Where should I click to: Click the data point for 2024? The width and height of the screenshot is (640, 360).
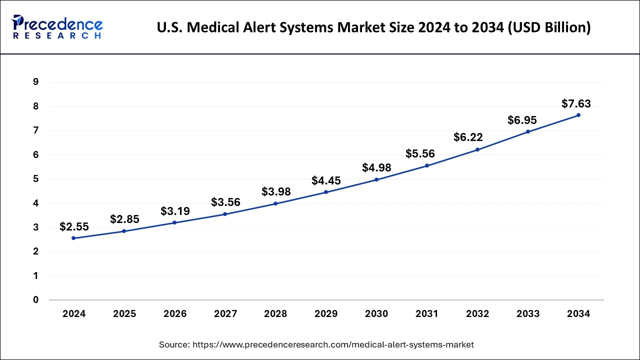74,238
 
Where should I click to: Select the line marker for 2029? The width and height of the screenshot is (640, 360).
326,192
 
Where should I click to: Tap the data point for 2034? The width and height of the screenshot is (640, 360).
578,115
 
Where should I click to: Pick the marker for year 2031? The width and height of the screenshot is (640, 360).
427,165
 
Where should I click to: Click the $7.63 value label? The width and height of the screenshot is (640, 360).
576,104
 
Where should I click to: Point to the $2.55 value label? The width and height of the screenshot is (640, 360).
74,227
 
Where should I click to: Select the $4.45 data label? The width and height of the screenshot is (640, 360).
326,180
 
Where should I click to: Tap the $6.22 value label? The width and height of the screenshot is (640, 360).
468,137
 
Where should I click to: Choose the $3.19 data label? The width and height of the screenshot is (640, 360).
175,211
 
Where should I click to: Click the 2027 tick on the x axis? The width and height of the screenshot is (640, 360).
225,314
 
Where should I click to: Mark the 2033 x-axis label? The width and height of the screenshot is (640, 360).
528,314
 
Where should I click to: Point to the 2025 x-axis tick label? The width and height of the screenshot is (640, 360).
124,314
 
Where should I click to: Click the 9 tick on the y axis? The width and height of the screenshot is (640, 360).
35,82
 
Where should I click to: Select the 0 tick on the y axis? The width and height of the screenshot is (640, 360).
35,300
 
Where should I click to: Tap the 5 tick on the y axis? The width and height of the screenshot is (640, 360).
35,179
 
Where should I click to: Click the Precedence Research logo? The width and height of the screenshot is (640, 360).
57,26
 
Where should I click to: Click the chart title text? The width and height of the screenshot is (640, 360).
373,28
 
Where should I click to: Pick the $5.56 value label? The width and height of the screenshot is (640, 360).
420,154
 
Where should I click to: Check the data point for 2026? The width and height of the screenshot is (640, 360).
175,222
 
